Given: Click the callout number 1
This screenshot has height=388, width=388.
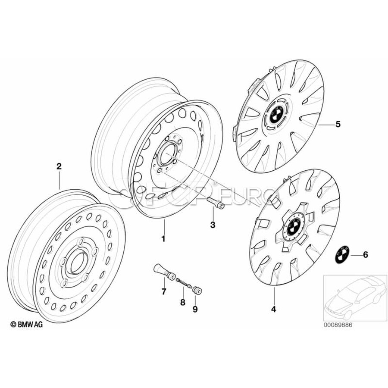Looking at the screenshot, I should [x=163, y=238].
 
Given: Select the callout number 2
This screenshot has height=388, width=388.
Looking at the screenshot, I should [x=59, y=166].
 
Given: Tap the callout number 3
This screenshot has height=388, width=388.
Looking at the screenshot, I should [x=212, y=225].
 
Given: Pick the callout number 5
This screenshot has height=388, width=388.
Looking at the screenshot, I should [x=338, y=124].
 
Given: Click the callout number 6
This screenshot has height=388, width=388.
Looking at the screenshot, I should [x=366, y=255].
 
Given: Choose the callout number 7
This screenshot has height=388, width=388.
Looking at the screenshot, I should [x=164, y=292].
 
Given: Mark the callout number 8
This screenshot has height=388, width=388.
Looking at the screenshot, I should [x=182, y=302].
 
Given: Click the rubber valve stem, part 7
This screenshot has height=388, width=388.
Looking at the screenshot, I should [x=161, y=272].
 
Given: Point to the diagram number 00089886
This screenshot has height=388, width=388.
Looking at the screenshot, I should [x=338, y=325].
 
